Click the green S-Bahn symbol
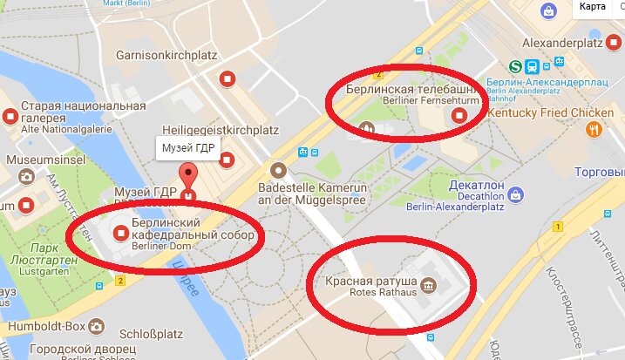pyautogui.click(x=516, y=66)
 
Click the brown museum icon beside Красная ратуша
pyautogui.click(x=428, y=285)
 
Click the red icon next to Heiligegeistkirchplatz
pyautogui.click(x=228, y=159)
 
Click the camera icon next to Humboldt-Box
pyautogui.click(x=99, y=327)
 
